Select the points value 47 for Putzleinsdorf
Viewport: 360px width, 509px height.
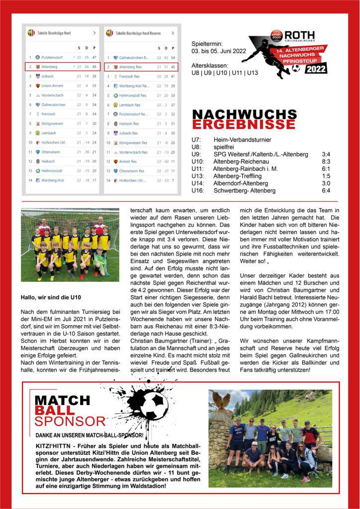pyautogui.click(x=94, y=58)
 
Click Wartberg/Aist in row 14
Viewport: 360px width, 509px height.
pyautogui.click(x=53, y=180)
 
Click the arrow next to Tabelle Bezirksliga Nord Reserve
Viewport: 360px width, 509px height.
pyautogui.click(x=172, y=33)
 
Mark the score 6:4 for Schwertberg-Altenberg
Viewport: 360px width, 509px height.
pyautogui.click(x=326, y=190)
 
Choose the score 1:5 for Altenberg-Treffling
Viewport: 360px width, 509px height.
pyautogui.click(x=326, y=176)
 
